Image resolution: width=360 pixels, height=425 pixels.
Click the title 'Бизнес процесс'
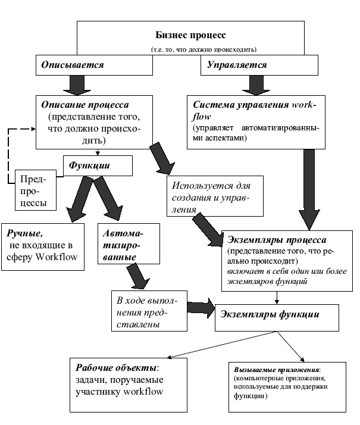pos(190,35)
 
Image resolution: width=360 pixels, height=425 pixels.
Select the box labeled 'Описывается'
pos(94,65)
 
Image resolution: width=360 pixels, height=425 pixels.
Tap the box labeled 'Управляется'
pos(259,65)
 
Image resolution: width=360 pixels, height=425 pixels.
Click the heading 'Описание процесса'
pos(85,105)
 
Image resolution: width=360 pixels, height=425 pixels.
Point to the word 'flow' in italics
pos(202,117)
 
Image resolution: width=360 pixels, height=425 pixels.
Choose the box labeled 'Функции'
pos(98,165)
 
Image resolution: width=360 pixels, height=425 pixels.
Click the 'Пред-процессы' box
pos(36,190)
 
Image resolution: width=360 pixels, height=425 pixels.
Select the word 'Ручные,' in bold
pos(24,233)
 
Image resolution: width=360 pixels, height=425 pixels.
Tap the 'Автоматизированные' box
pos(129,243)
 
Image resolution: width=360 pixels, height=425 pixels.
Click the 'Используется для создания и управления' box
pos(215,196)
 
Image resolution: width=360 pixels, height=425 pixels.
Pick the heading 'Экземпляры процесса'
pos(277,240)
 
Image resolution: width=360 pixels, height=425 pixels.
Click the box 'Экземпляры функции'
pos(277,318)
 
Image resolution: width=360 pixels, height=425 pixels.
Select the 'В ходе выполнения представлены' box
pos(149,311)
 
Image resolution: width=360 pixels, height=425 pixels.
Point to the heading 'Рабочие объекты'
pos(116,367)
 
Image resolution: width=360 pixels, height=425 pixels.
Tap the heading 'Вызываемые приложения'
pos(277,370)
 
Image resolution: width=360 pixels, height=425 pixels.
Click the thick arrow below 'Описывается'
pos(77,85)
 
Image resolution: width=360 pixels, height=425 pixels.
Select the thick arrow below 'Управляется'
pos(256,85)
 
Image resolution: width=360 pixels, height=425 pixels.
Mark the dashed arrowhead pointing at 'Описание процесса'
pos(33,129)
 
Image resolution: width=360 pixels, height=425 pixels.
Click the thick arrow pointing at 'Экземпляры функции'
pos(201,308)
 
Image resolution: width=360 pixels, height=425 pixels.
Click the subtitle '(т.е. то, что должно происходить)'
pos(204,49)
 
